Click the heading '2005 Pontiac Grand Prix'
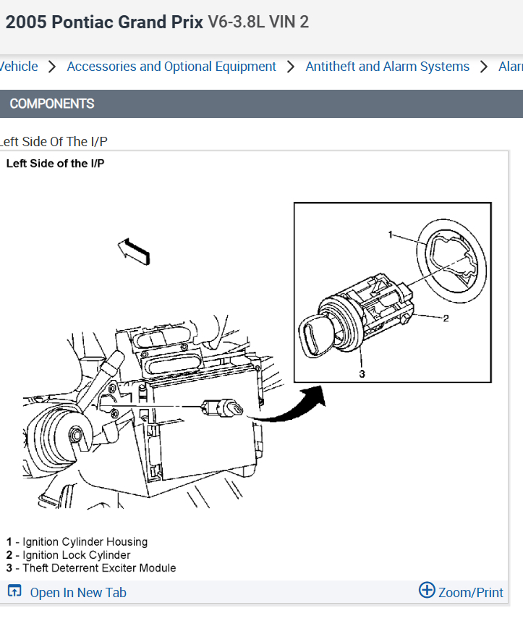click(104, 22)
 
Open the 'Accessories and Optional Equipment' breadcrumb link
click(171, 67)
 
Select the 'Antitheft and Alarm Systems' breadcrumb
click(387, 67)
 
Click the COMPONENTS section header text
click(52, 104)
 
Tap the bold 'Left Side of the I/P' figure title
click(55, 164)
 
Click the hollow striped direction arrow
click(134, 250)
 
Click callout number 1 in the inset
click(390, 235)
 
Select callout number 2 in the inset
click(446, 318)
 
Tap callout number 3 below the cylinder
click(362, 373)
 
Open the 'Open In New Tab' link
click(77, 593)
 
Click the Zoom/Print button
click(470, 593)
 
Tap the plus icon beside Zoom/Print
click(428, 591)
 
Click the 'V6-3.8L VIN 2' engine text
click(258, 22)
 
